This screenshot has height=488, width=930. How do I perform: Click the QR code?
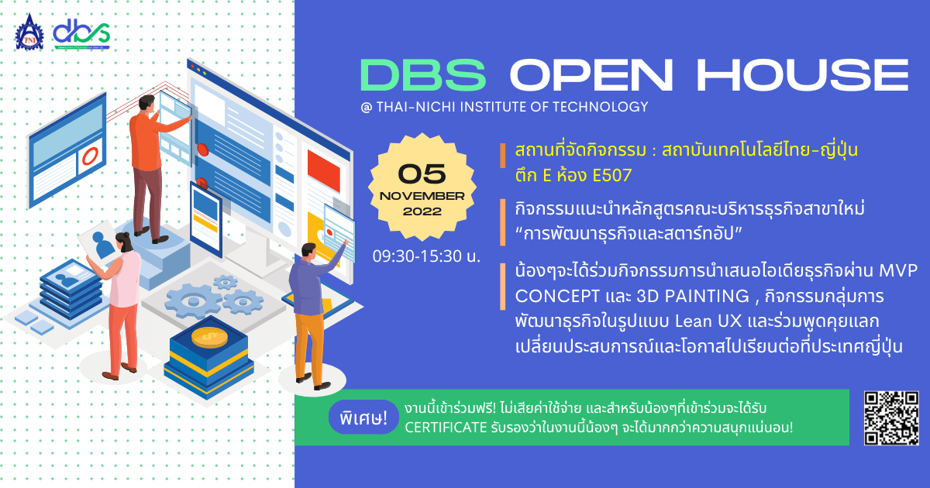click(891, 418)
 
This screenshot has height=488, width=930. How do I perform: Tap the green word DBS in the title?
click(423, 74)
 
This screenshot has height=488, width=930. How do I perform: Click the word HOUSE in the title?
click(803, 74)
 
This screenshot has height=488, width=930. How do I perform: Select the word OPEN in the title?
click(591, 74)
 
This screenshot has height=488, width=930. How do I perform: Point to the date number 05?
click(422, 174)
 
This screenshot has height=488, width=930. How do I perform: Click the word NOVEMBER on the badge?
click(422, 196)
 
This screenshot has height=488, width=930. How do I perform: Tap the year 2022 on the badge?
click(422, 211)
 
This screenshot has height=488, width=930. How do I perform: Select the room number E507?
click(612, 176)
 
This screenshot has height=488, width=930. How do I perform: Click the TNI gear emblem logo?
click(29, 33)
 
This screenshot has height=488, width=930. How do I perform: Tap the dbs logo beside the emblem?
click(81, 33)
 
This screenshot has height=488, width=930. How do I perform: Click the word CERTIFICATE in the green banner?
click(446, 428)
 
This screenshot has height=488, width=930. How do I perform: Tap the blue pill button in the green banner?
click(363, 417)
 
